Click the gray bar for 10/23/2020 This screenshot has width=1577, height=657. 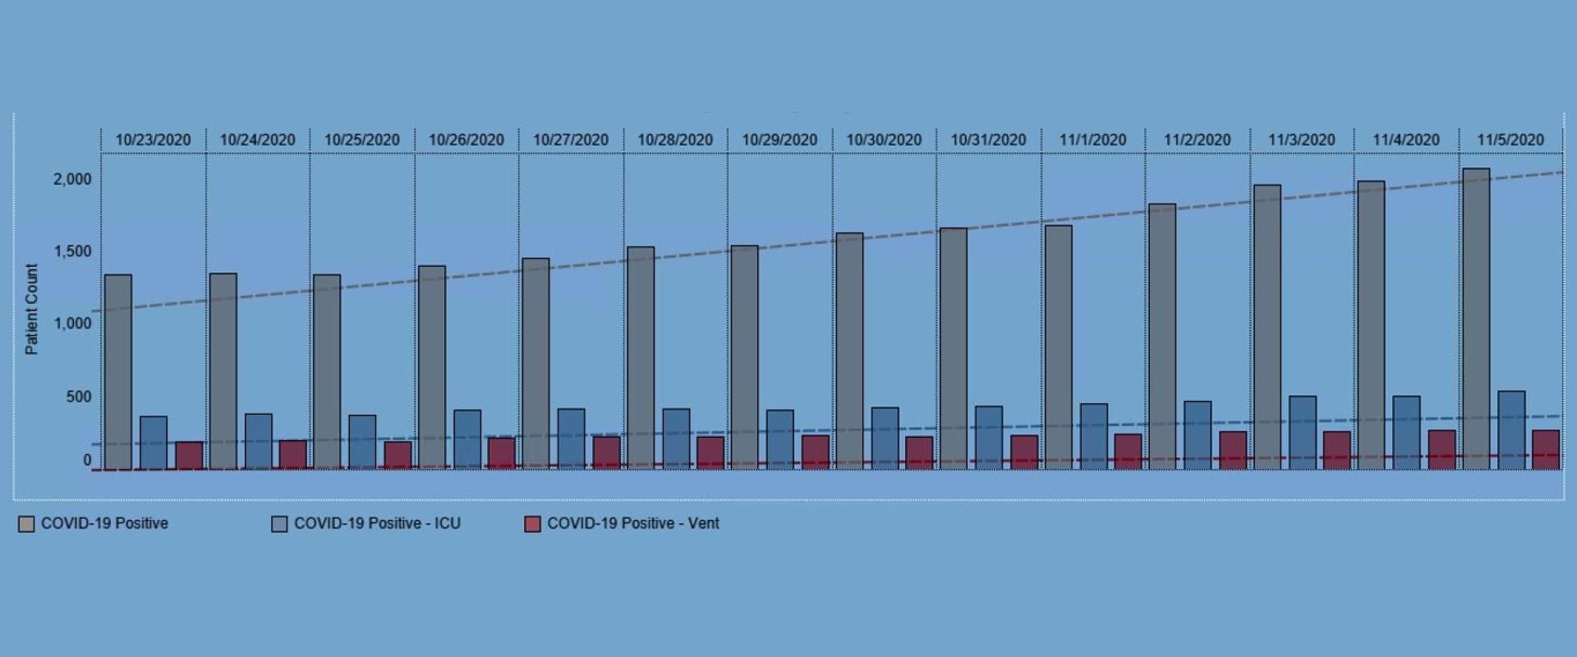point(118,372)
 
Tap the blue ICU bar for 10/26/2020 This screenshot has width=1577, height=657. point(467,440)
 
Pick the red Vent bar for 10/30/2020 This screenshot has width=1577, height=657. point(920,453)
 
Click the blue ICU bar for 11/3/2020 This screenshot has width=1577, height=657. point(1303,433)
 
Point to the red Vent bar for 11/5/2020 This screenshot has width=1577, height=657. point(1546,450)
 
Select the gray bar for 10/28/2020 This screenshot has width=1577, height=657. point(641,358)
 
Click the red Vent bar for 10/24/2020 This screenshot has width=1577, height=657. point(293,455)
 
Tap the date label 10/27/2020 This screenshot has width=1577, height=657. point(571,140)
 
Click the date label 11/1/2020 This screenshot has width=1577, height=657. point(1092,140)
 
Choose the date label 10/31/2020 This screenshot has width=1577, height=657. point(988,140)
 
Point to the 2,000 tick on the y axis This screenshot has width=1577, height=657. point(73,179)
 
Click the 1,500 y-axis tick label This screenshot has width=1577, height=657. point(73,251)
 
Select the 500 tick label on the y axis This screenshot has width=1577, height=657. point(79,397)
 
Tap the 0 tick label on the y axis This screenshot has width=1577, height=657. point(87,460)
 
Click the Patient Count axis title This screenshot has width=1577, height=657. point(31,309)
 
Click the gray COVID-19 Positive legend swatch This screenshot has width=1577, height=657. point(26,525)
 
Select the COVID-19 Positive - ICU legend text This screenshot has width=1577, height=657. point(377,523)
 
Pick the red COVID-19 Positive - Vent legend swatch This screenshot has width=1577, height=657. point(532,525)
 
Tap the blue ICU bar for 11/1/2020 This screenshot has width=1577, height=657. point(1094,436)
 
